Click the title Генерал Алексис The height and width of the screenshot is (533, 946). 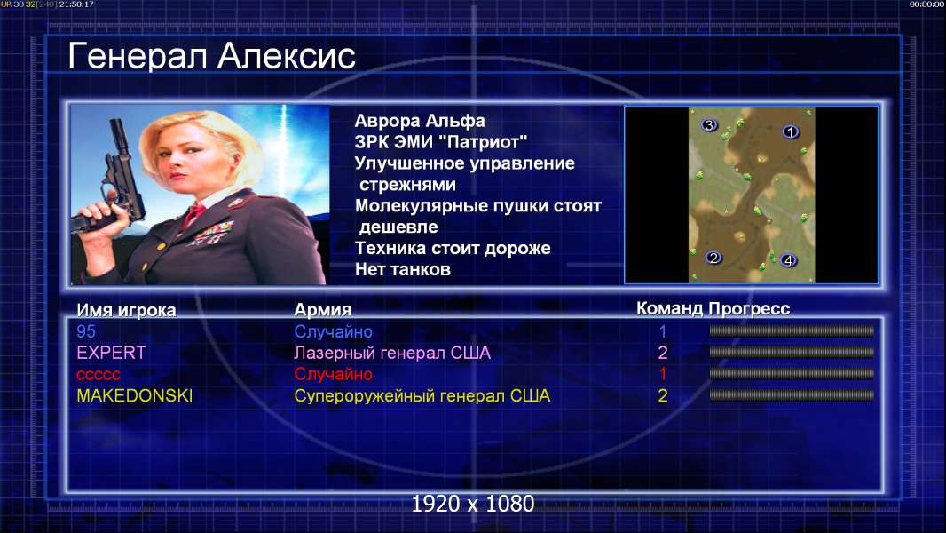(x=212, y=56)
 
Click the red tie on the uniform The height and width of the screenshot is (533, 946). (x=193, y=214)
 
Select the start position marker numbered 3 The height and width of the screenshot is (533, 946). (x=709, y=125)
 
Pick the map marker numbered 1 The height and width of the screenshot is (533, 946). (x=791, y=131)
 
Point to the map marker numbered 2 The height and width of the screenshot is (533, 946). (x=713, y=258)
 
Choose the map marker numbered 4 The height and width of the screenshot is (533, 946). (x=789, y=261)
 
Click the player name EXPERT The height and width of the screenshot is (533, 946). (x=111, y=353)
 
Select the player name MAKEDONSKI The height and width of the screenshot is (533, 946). (x=135, y=396)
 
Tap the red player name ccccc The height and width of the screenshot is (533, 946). (x=99, y=375)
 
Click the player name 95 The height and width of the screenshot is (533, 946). (x=86, y=331)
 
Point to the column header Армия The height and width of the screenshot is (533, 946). (x=323, y=310)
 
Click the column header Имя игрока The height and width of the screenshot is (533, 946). (x=126, y=310)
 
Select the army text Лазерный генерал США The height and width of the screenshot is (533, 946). (x=392, y=353)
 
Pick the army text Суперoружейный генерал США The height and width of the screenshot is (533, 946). (x=422, y=396)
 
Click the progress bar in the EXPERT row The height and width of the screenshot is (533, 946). (x=792, y=352)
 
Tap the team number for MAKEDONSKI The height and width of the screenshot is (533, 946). (x=662, y=396)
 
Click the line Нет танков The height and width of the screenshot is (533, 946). (x=403, y=269)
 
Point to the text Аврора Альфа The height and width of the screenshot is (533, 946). (x=420, y=121)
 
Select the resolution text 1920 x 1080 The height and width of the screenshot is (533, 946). (x=473, y=504)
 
